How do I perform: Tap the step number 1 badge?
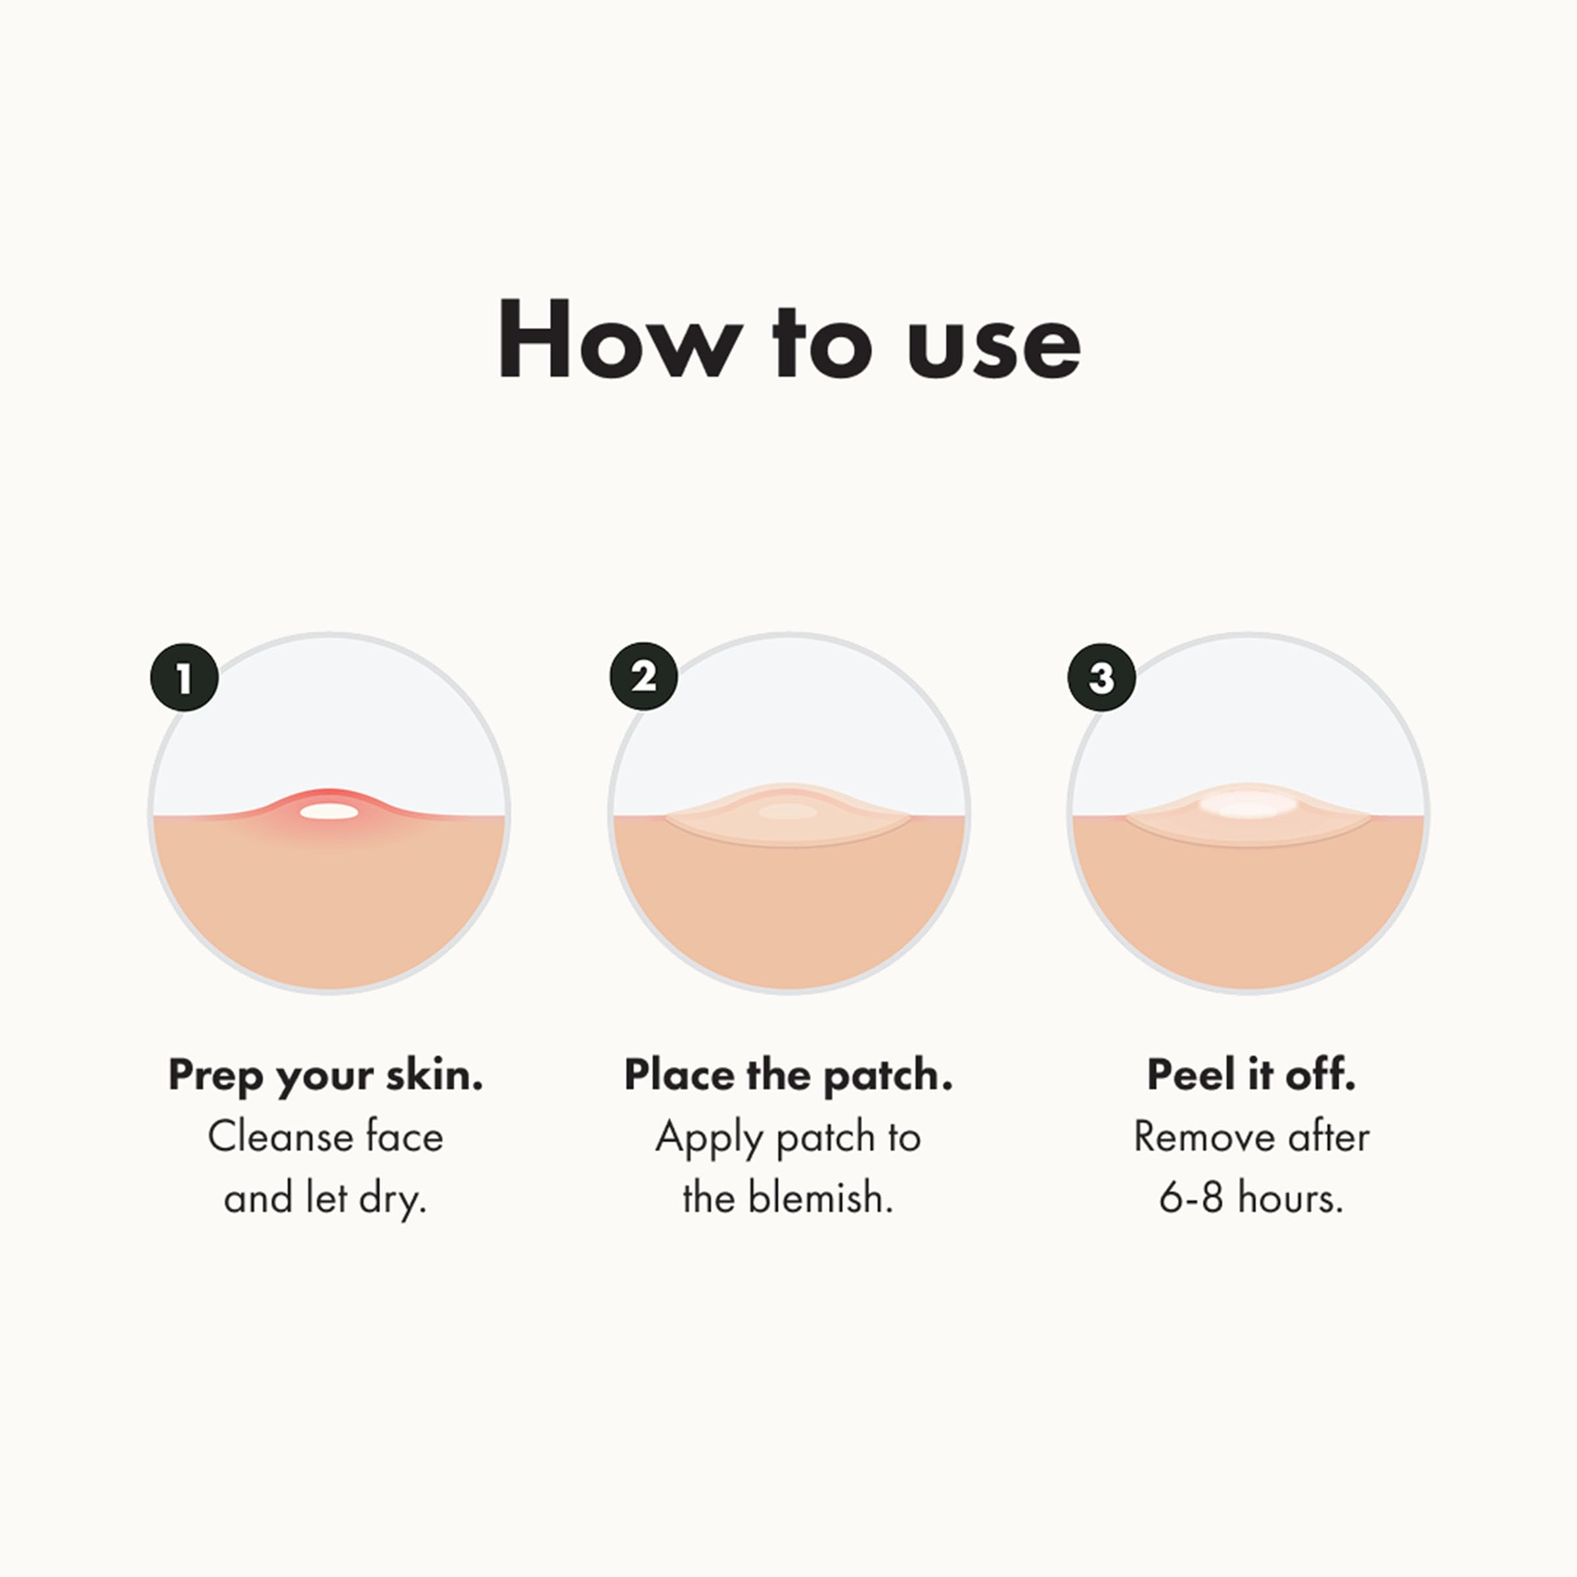185,677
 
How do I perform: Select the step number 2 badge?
643,677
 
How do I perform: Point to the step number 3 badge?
1102,677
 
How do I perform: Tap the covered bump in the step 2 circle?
788,811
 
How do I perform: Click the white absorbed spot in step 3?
1247,808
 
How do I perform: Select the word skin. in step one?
434,1075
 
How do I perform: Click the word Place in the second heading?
679,1075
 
